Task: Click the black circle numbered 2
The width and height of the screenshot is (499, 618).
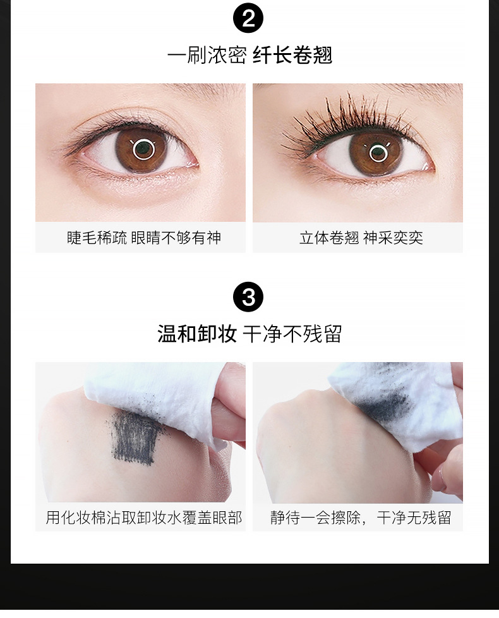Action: point(248,19)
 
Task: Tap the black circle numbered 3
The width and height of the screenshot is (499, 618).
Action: point(248,297)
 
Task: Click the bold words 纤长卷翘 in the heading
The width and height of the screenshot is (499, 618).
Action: point(292,55)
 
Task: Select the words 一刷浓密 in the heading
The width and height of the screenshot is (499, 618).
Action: point(207,55)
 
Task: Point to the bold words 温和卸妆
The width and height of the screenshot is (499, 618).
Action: point(197,334)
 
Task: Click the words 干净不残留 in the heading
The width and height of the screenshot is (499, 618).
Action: point(292,334)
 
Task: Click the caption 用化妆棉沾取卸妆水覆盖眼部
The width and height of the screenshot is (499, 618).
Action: point(144,518)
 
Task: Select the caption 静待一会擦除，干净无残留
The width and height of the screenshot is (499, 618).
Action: point(361,518)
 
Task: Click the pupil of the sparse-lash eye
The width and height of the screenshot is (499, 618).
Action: point(143,149)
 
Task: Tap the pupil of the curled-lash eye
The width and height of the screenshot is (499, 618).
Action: point(378,152)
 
